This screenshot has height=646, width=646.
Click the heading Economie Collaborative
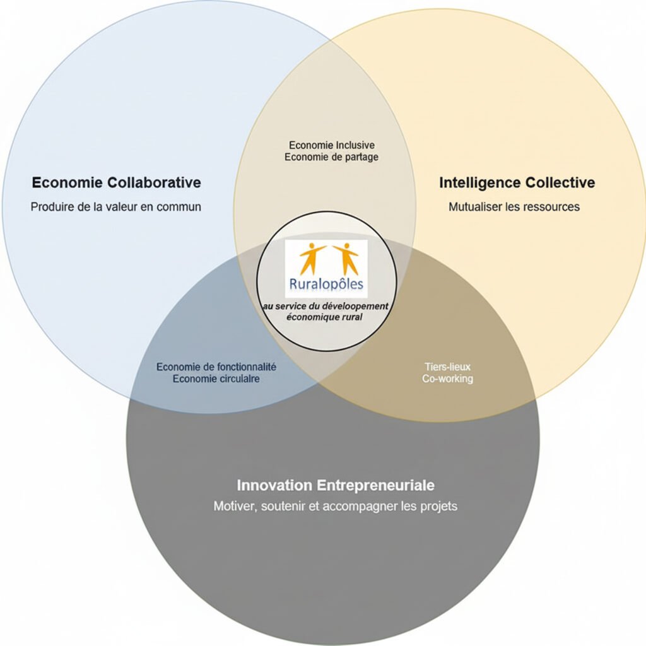[x=116, y=183]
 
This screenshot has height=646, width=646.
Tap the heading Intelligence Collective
[x=517, y=183]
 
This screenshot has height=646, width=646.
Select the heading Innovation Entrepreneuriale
[x=336, y=486]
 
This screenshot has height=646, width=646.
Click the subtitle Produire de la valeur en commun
[x=116, y=207]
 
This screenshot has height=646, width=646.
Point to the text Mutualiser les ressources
[x=514, y=207]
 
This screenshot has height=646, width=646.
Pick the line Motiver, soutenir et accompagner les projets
[x=335, y=507]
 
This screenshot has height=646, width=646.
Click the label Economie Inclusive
[x=331, y=145]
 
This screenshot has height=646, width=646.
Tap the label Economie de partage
[x=331, y=157]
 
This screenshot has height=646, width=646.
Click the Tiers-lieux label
[x=447, y=367]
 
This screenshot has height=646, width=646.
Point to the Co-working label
[x=447, y=379]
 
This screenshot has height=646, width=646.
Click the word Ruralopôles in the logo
[x=326, y=285]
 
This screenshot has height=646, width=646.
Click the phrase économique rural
[x=324, y=317]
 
